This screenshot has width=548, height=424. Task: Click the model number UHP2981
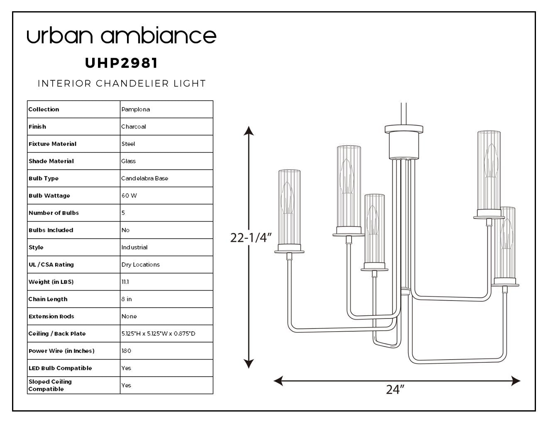point(121,63)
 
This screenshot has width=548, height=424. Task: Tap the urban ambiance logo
point(122,35)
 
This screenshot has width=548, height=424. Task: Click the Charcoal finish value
point(133,126)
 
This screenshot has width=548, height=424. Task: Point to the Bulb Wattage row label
point(49,196)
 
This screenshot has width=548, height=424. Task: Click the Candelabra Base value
point(144,178)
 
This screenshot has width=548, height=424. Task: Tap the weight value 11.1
point(125,282)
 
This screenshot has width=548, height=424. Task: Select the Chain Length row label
point(48,299)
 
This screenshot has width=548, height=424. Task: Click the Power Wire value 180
point(126,351)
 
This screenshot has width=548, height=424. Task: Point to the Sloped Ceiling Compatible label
point(50,385)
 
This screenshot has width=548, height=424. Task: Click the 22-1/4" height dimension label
point(251,237)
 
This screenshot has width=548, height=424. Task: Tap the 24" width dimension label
point(395,389)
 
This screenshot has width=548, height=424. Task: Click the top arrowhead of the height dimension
point(249,131)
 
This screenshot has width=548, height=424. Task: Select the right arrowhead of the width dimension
point(516,381)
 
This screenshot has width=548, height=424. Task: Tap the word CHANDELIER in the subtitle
point(132,83)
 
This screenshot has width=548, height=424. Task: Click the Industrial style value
point(135,247)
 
